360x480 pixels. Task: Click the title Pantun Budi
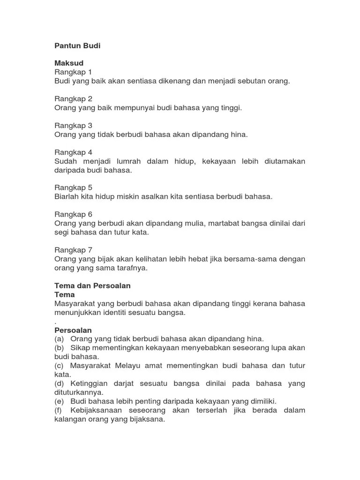[77, 46]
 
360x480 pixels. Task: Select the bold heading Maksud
[69, 63]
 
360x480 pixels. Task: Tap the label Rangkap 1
[73, 72]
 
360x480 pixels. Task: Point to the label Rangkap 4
[73, 152]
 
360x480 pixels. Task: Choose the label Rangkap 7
[73, 250]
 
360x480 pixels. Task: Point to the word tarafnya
[132, 268]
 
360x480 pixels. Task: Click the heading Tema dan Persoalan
[92, 285]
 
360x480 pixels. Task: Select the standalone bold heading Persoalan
[73, 330]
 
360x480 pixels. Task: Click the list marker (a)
[59, 339]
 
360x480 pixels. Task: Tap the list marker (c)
[59, 366]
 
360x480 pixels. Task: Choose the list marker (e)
[59, 401]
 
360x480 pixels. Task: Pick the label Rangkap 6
[73, 215]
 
